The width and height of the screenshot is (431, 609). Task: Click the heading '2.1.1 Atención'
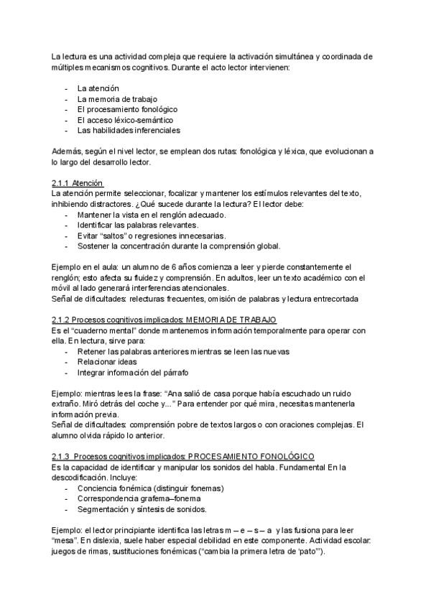click(78, 183)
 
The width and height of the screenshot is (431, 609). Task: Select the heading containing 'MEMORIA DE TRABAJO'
click(164, 319)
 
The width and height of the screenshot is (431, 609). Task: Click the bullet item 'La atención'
click(98, 88)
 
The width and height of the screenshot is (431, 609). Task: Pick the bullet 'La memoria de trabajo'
click(117, 98)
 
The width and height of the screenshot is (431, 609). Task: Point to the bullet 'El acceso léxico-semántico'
click(125, 120)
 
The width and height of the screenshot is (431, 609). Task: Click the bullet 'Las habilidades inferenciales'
click(129, 131)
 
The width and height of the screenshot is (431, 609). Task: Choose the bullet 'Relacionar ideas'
click(107, 362)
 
